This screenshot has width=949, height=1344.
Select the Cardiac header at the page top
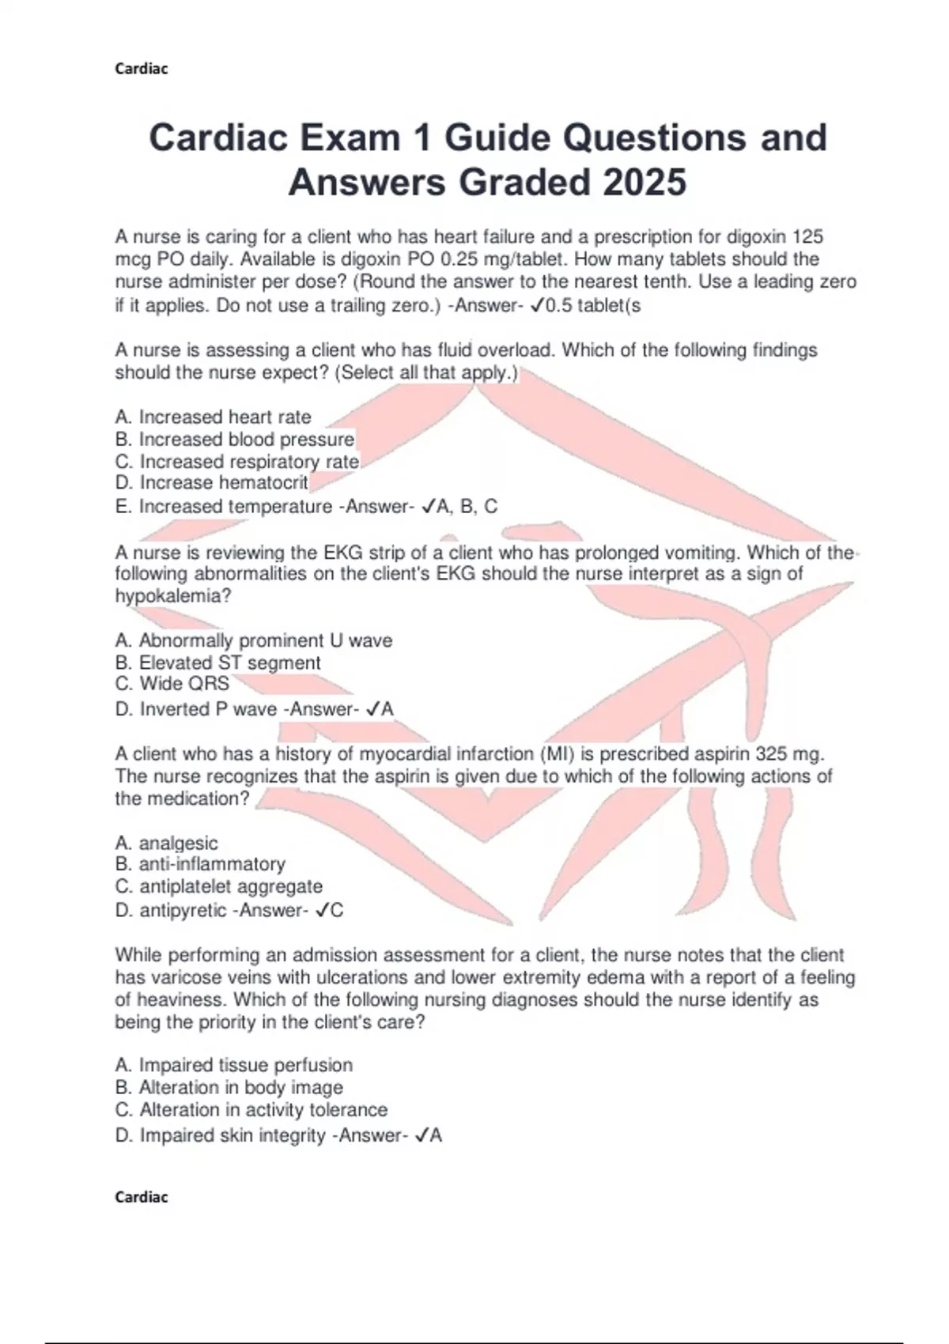click(142, 69)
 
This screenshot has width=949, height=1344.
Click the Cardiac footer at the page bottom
click(142, 1197)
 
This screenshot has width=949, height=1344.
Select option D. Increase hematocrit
click(212, 483)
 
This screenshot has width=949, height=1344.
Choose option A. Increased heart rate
click(213, 417)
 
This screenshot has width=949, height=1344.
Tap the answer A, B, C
click(467, 507)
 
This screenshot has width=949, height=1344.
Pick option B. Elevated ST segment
click(217, 663)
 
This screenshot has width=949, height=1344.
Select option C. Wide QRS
click(172, 684)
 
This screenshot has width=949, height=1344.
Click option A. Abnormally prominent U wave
click(254, 640)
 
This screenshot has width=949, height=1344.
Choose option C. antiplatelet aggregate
click(219, 887)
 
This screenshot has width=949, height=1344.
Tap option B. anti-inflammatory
click(200, 864)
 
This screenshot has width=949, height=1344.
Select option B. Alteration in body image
click(229, 1088)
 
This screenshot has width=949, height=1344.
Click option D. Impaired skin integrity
click(221, 1135)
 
